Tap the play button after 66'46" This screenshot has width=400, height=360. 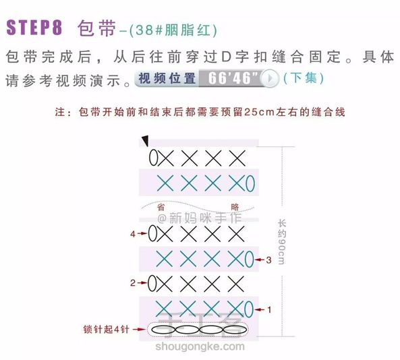coord(270,78)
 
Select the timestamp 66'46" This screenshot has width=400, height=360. coord(233,78)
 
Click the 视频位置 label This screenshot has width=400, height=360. coord(167,78)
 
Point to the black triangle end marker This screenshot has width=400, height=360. coord(146,141)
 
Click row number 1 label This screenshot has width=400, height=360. coord(269,309)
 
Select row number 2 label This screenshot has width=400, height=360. coord(133,282)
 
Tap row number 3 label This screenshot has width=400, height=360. coord(269,260)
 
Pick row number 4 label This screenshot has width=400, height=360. coord(133,234)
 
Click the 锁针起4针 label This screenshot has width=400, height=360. coord(106,329)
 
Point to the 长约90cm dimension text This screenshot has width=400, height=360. coord(281,242)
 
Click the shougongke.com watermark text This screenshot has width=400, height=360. coord(200,347)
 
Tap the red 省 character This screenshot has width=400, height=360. coord(161,207)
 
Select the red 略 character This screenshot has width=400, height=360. coord(235,207)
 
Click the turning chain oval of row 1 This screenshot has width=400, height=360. coord(249,309)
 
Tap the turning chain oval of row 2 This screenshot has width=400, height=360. coord(152,283)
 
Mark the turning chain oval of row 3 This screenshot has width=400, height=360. coord(249,260)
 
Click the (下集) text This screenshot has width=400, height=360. coord(304,78)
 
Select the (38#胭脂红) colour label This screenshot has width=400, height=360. coord(173,30)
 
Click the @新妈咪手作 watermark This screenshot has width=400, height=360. coord(200,218)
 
